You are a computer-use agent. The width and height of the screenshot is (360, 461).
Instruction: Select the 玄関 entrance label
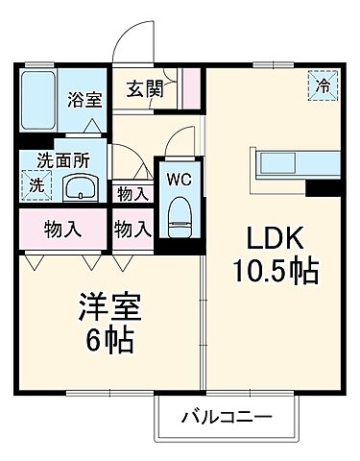click(146, 90)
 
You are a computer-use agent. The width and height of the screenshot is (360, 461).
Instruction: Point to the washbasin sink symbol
click(80, 187)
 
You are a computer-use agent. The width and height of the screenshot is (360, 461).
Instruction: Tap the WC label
click(179, 179)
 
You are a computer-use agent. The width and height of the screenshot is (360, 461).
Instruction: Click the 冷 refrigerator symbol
click(324, 85)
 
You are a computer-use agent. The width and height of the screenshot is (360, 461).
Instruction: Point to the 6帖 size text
click(109, 340)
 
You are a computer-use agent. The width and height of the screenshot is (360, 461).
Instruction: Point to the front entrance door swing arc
click(131, 43)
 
